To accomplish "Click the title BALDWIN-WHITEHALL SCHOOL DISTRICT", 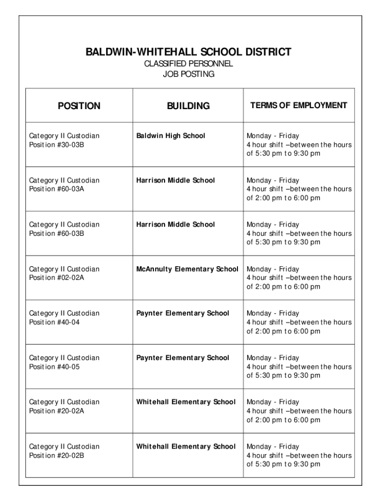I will (x=188, y=52).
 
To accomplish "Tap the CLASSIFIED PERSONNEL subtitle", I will (x=188, y=64).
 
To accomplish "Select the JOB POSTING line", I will (x=188, y=74).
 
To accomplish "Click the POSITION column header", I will (x=79, y=106).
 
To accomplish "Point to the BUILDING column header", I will (x=188, y=106).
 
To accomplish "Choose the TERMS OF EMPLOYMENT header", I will (x=299, y=105).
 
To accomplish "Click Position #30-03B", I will (x=57, y=145).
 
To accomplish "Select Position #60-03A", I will (x=57, y=189).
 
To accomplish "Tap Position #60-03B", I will (x=57, y=233).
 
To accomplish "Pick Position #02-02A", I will (x=57, y=278).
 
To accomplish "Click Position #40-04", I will (x=54, y=322).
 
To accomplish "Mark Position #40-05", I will (x=54, y=366).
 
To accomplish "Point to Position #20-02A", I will (x=57, y=411).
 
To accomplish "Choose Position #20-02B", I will (x=57, y=455).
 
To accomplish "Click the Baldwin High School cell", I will (x=170, y=136).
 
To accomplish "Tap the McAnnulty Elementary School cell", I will (x=187, y=269).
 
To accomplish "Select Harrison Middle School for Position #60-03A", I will (x=175, y=180).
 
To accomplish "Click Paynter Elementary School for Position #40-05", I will (x=183, y=358).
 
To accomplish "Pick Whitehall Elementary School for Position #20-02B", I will (x=186, y=446).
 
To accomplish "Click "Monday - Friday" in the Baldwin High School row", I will (x=273, y=136).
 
